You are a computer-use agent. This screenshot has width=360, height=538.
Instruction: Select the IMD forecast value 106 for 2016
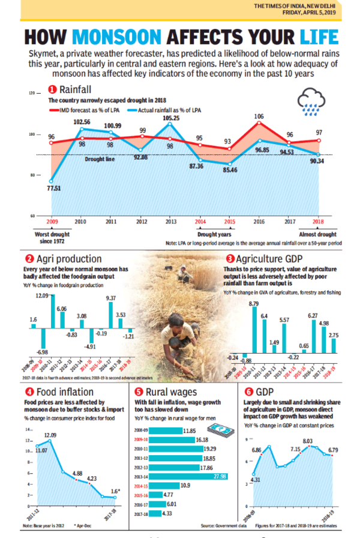click(x=259, y=116)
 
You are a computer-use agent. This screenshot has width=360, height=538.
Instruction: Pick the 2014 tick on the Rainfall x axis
click(x=200, y=222)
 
